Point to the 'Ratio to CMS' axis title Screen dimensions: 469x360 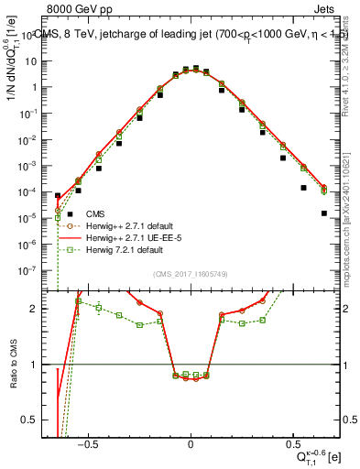[13, 365]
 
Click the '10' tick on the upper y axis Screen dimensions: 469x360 [35, 61]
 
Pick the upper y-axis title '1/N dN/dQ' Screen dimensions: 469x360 [13, 69]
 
